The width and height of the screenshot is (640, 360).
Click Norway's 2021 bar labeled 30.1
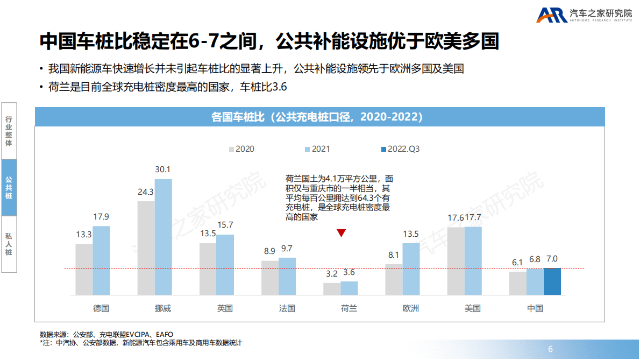[163, 237]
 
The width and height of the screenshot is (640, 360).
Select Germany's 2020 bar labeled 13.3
[84, 269]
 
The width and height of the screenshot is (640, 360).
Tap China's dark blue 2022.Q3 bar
[552, 281]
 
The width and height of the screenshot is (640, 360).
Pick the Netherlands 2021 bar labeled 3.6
[349, 288]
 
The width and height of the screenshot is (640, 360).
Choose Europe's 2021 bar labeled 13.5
[411, 269]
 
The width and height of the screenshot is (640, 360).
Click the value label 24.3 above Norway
[146, 192]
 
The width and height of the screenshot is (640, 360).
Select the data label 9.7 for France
[287, 249]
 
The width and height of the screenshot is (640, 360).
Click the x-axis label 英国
[225, 308]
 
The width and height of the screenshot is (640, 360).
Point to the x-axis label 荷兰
[349, 308]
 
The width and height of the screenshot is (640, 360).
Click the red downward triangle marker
[341, 233]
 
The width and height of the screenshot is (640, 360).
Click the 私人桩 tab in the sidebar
[9, 244]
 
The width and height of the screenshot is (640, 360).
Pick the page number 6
[550, 349]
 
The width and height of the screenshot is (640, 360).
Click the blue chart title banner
[319, 117]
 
